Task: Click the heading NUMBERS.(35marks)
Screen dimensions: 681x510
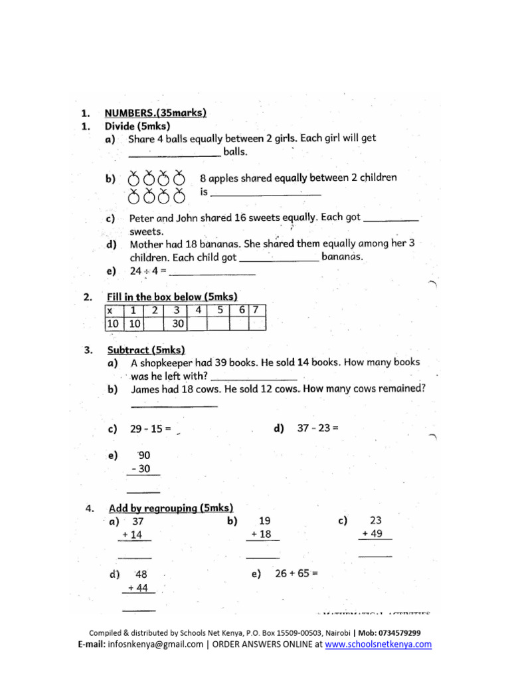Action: click(x=155, y=113)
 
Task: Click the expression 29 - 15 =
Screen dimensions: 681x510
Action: click(x=151, y=430)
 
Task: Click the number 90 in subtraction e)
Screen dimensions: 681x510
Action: click(x=144, y=456)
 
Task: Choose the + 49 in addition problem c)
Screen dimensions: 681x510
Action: click(x=375, y=533)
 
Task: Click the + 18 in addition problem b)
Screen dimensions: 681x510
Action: click(x=262, y=535)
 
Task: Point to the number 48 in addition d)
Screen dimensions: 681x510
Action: click(x=141, y=574)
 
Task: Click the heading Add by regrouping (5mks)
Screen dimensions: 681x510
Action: click(x=171, y=508)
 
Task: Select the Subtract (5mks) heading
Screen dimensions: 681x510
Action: click(x=146, y=350)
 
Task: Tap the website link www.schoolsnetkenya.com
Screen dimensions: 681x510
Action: click(x=378, y=644)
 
